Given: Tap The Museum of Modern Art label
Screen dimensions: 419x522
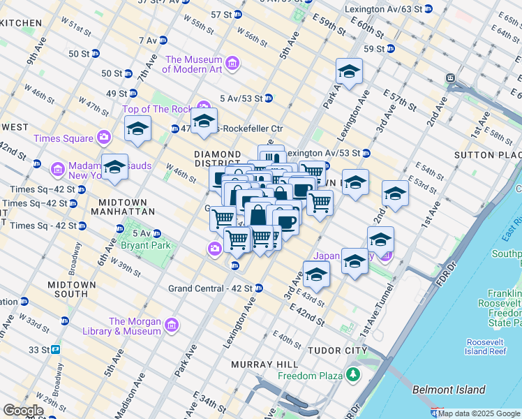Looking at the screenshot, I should click(193, 64).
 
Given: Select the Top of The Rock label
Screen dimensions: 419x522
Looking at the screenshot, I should click(157, 109).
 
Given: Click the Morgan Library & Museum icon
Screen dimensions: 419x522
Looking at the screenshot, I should click(170, 325).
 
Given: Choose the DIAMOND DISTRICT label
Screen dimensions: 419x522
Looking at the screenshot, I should click(217, 159).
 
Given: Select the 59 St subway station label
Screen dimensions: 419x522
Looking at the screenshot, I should click(374, 48).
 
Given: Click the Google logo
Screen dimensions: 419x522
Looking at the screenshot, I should click(23, 411).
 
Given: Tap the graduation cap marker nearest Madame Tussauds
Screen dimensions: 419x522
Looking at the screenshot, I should click(115, 167).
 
